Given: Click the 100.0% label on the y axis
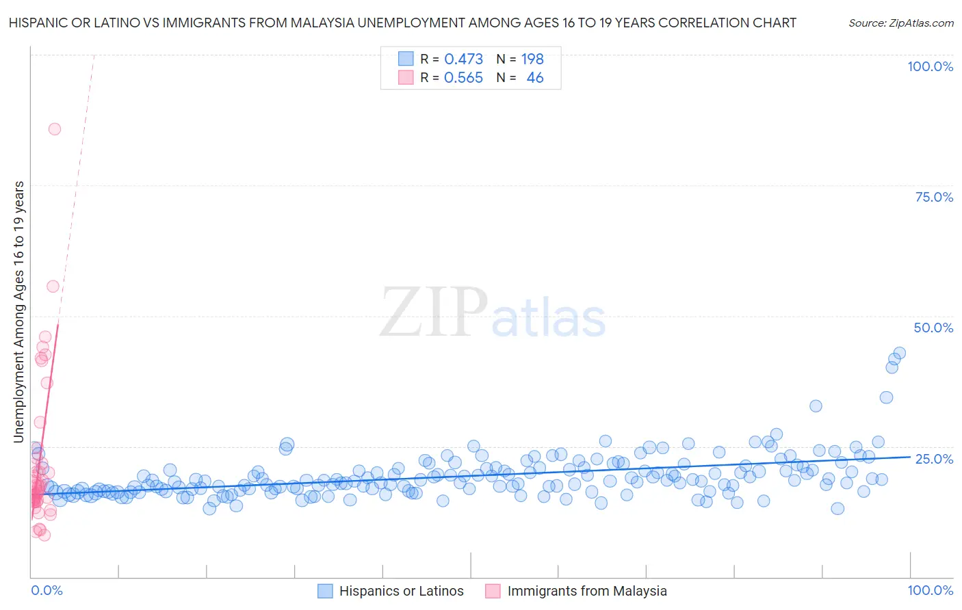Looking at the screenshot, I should (x=930, y=66).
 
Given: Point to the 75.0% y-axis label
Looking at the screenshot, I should (x=933, y=197).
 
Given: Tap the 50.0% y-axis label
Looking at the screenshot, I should (x=933, y=328).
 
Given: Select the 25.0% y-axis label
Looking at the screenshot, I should (x=933, y=459).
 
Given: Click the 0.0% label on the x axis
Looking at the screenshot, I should (x=47, y=590).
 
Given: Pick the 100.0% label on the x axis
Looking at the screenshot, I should (x=930, y=590).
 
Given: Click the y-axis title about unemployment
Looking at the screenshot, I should (x=19, y=312).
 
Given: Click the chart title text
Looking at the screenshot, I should (x=402, y=23).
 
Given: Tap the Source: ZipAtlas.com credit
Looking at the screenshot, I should (x=900, y=23).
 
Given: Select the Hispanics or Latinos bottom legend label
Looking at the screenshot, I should (x=401, y=591).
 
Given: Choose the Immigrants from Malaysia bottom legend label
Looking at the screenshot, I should (x=586, y=591).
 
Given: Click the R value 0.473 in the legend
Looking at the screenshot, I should (x=463, y=59).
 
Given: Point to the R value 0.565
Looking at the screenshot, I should (x=463, y=78).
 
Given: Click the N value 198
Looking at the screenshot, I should (x=532, y=59).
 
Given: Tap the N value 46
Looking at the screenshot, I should (x=535, y=78).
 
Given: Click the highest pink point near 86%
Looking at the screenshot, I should (x=55, y=129).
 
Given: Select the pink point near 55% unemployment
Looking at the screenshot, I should (x=53, y=286).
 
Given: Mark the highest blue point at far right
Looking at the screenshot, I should (x=900, y=353).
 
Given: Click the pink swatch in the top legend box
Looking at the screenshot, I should (x=406, y=78).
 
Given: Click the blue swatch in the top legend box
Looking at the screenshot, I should (x=406, y=59).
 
